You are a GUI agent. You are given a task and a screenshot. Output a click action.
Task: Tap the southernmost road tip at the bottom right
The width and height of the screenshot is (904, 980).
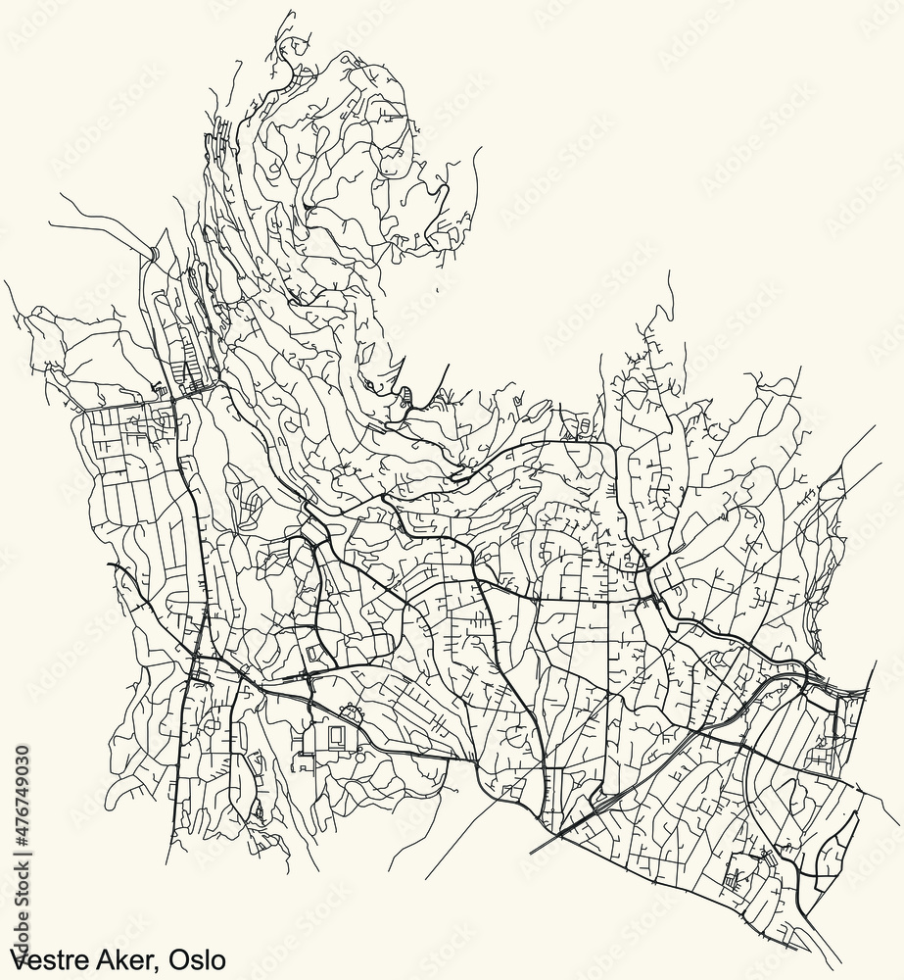(x=840, y=960)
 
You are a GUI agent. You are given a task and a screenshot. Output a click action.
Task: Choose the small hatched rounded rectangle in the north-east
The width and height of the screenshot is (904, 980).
(x=586, y=424)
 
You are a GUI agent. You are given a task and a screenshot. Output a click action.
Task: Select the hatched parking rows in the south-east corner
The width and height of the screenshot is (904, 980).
(x=736, y=873)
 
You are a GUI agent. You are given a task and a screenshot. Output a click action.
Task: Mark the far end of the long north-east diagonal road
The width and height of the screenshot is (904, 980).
(x=874, y=427)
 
